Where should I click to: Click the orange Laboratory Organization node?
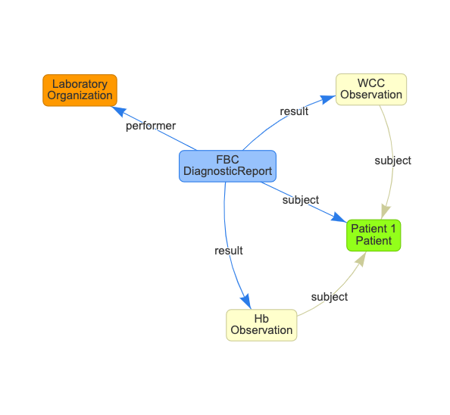[80, 90]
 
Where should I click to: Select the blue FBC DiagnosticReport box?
[227, 166]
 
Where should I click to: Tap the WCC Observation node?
[371, 89]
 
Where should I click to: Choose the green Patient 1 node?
[373, 236]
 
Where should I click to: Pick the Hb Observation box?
[261, 325]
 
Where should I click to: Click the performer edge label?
[151, 126]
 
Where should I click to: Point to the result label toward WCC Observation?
[294, 111]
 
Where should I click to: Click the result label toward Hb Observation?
[229, 251]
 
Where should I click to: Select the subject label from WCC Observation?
[392, 161]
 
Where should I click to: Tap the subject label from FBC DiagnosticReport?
[301, 200]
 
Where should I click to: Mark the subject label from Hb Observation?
[330, 297]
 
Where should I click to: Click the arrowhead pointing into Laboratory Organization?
[118, 111]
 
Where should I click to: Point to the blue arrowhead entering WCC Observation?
[328, 99]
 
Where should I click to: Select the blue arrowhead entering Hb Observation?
[246, 301]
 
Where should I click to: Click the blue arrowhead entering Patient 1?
[339, 217]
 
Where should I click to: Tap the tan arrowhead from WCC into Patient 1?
[386, 212]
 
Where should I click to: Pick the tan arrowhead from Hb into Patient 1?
[361, 258]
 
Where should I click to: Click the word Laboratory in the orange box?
[80, 84]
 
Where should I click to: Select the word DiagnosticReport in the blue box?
[227, 171]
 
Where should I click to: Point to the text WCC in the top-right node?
[371, 83]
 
